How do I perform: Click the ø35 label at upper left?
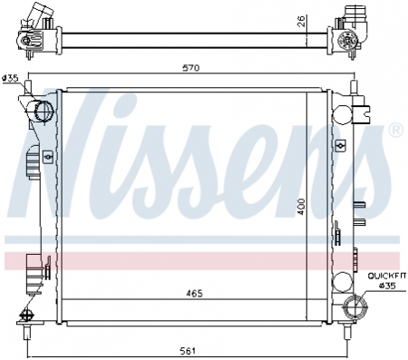(11, 78)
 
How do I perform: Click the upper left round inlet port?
(42, 112)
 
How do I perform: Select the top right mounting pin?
(350, 87)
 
